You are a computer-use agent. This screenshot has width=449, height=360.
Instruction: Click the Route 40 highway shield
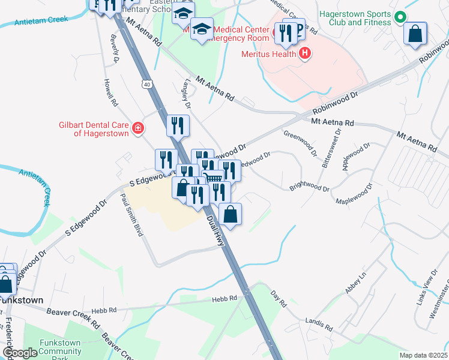(147, 85)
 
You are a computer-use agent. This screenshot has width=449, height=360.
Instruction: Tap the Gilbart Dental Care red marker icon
(138, 128)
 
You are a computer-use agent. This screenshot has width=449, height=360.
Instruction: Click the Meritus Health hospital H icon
(305, 53)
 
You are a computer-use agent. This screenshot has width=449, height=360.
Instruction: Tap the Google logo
(20, 353)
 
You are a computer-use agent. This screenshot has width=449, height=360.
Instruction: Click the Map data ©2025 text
(423, 355)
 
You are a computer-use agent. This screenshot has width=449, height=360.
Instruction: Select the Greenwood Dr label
(300, 143)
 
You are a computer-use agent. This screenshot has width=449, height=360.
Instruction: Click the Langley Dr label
(188, 94)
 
